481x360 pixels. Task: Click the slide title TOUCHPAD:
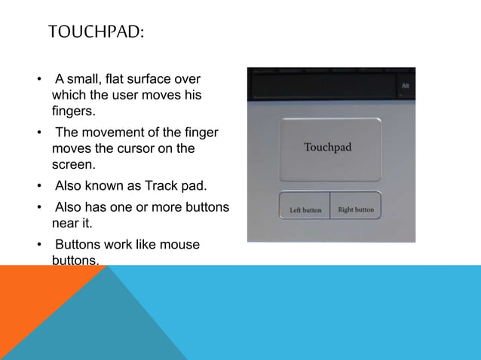point(96,32)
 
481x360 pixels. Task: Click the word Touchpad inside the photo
point(327,148)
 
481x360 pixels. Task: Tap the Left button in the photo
point(305,210)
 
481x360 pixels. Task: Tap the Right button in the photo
point(356,209)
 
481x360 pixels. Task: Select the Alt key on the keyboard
point(405,86)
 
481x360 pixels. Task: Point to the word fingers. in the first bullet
point(75,111)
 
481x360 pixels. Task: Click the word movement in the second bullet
point(107,133)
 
